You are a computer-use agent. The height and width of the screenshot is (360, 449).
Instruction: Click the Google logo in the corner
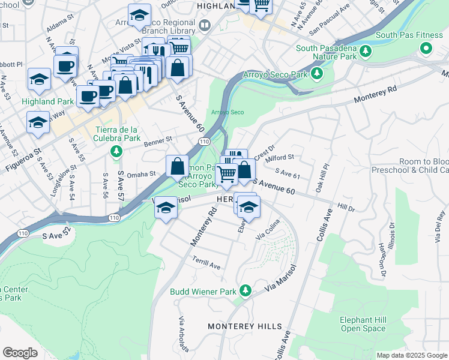(x=20, y=353)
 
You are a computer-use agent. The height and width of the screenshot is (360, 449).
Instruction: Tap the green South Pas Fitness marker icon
(x=426, y=48)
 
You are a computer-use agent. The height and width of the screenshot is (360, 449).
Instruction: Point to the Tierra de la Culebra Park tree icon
(x=116, y=151)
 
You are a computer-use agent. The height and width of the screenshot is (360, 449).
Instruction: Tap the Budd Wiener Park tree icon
(x=245, y=292)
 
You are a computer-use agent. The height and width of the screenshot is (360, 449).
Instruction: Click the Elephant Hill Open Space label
(x=363, y=324)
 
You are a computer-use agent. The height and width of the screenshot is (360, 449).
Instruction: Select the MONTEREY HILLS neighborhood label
(x=244, y=326)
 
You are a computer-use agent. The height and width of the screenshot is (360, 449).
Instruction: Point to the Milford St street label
(x=280, y=157)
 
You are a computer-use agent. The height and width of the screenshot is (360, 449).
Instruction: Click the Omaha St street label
(x=141, y=174)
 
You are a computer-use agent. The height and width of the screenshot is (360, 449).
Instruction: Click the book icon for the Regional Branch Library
(x=205, y=25)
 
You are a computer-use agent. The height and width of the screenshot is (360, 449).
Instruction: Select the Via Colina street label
(x=268, y=230)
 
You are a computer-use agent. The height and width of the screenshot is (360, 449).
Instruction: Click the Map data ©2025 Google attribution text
(x=412, y=355)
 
